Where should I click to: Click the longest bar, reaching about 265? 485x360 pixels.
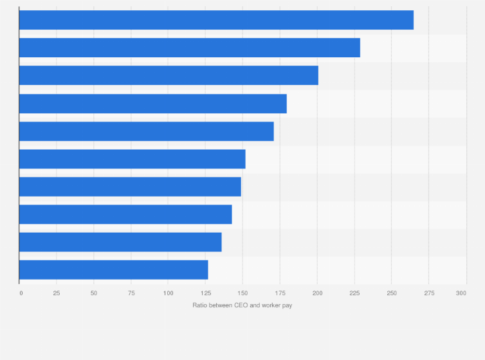coord(216,20)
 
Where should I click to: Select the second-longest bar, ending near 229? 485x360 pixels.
coord(190,48)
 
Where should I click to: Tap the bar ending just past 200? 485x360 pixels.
coord(169,75)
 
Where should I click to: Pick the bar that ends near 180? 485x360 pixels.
coord(153,104)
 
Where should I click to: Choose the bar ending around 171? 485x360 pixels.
coord(147,131)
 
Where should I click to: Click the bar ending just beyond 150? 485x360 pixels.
coord(133,159)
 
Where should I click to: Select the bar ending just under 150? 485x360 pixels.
coord(130,186)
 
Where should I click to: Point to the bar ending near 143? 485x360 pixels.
coord(125,214)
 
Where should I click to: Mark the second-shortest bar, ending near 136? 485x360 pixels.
coord(120,242)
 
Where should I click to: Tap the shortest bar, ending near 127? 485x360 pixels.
coord(114,269)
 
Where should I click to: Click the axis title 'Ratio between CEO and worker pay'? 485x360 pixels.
coord(242,305)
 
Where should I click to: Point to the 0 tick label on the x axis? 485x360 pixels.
coord(21,293)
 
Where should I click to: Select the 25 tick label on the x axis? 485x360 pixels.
coord(57,293)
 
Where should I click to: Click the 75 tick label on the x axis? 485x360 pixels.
coord(131,293)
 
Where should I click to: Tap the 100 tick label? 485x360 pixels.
coord(168,293)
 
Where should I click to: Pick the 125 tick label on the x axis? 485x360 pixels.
coord(205,293)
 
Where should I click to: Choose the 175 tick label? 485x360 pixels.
coord(279,293)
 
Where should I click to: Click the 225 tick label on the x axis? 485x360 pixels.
coord(354,293)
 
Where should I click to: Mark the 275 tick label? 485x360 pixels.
coord(428,293)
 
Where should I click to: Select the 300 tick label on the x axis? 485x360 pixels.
coord(461,293)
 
